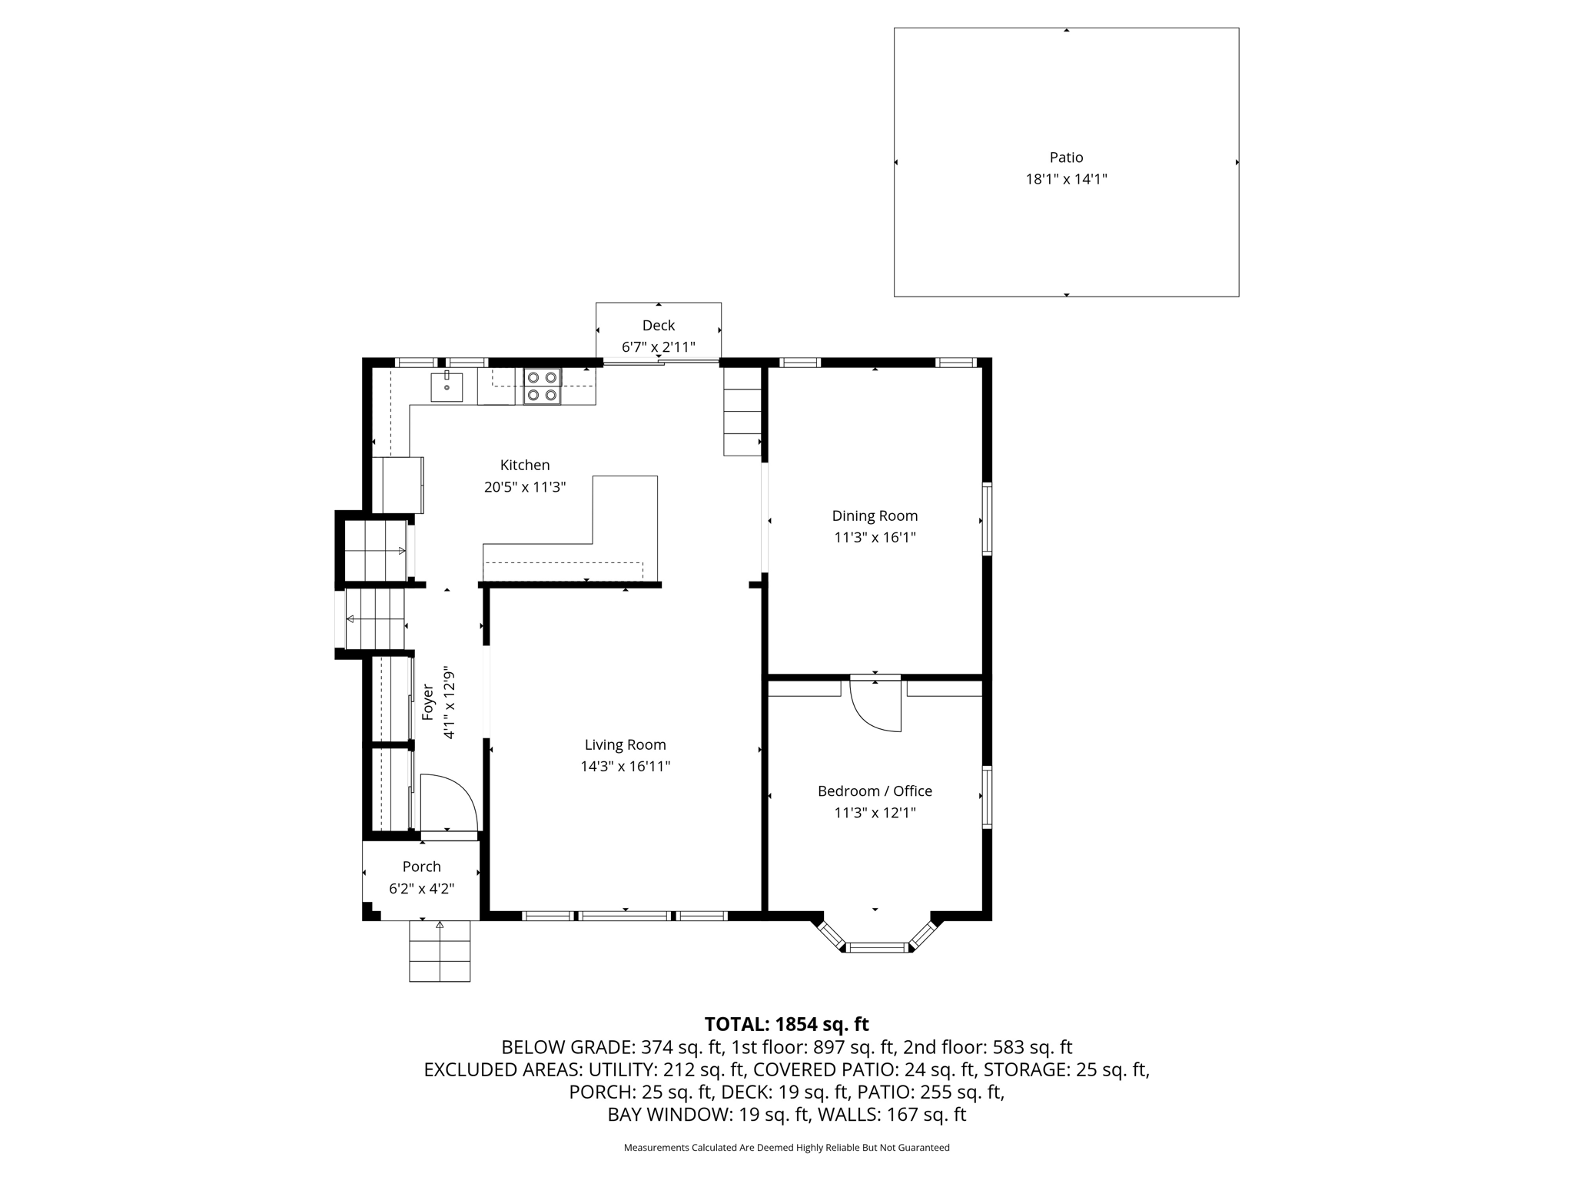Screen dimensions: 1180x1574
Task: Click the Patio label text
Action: click(x=1066, y=157)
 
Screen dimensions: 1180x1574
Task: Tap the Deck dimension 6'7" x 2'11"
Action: click(x=658, y=347)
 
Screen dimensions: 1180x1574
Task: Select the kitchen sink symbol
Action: click(x=447, y=386)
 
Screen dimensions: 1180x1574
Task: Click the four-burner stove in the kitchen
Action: click(x=542, y=386)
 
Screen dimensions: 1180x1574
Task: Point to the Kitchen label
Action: click(x=525, y=465)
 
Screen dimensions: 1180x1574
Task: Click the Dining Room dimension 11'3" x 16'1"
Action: click(x=875, y=537)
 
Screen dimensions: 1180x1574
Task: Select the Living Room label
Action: click(x=625, y=744)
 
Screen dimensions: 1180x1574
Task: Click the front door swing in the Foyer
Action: click(x=447, y=803)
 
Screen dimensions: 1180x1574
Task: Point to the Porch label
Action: click(x=422, y=867)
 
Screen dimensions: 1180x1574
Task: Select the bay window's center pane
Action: click(x=877, y=947)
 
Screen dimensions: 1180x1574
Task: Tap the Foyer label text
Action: click(x=428, y=702)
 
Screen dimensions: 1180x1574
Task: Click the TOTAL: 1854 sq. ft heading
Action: click(x=786, y=1024)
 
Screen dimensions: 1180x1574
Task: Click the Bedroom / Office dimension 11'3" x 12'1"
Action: click(x=875, y=813)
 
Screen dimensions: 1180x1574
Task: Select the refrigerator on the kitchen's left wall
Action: click(x=397, y=485)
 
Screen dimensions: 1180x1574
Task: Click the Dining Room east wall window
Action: click(x=987, y=519)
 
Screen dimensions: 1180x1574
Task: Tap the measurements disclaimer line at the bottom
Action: click(x=786, y=1148)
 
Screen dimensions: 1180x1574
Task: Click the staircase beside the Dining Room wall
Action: click(x=742, y=412)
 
